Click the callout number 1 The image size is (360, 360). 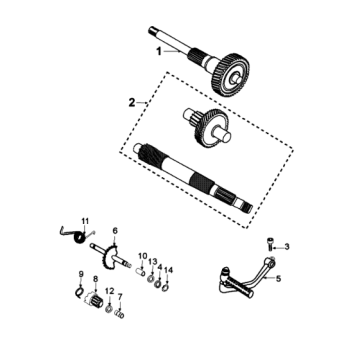[159, 52]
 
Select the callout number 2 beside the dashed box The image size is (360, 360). [132, 103]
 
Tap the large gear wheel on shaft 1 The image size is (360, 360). [231, 75]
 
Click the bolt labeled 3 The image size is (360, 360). [270, 244]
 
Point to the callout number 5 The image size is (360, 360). [278, 279]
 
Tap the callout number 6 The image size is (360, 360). [115, 230]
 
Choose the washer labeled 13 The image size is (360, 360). [151, 278]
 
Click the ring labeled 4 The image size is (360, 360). [158, 284]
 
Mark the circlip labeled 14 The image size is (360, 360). [165, 287]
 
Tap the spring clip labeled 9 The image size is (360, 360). [79, 292]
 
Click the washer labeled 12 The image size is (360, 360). [109, 309]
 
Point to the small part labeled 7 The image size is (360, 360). [119, 314]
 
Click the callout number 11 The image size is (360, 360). [85, 221]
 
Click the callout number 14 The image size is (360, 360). [169, 270]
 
